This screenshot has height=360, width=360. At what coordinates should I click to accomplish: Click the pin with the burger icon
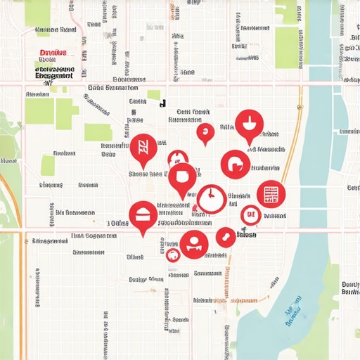click(143, 214)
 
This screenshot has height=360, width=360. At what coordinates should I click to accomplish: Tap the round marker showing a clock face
click(210, 199)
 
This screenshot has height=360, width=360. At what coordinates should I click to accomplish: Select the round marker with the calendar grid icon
click(271, 194)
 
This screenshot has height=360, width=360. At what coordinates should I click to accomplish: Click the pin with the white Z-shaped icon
click(143, 148)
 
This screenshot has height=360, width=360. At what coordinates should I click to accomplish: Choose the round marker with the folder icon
click(235, 164)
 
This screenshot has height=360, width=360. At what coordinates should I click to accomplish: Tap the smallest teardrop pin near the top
click(205, 131)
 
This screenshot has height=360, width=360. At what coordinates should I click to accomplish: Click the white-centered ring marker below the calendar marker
click(250, 214)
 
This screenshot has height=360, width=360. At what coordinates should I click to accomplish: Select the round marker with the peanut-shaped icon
click(225, 237)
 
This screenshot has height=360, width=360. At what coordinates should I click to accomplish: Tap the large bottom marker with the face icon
click(193, 244)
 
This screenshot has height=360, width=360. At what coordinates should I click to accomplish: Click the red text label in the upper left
click(53, 53)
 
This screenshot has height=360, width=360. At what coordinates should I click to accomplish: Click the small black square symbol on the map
click(163, 103)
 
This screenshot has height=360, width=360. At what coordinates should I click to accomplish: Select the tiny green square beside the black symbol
click(153, 94)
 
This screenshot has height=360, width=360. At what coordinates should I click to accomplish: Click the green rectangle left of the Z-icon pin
click(98, 132)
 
